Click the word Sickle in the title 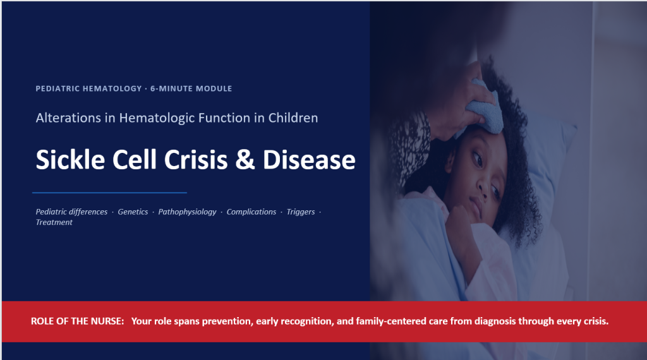pyautogui.click(x=70, y=159)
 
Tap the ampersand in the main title pyautogui.click(x=245, y=160)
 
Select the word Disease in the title pyautogui.click(x=309, y=160)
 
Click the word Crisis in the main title pyautogui.click(x=196, y=160)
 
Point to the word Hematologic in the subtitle pyautogui.click(x=157, y=118)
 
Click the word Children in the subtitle pyautogui.click(x=293, y=118)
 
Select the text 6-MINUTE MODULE pyautogui.click(x=191, y=88)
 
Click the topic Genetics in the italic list pyautogui.click(x=133, y=212)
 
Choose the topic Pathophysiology pyautogui.click(x=187, y=212)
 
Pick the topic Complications pyautogui.click(x=251, y=212)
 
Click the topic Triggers pyautogui.click(x=300, y=212)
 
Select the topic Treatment pyautogui.click(x=54, y=222)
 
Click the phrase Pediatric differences pyautogui.click(x=71, y=212)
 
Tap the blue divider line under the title pyautogui.click(x=110, y=193)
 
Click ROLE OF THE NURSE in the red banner pyautogui.click(x=78, y=321)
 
